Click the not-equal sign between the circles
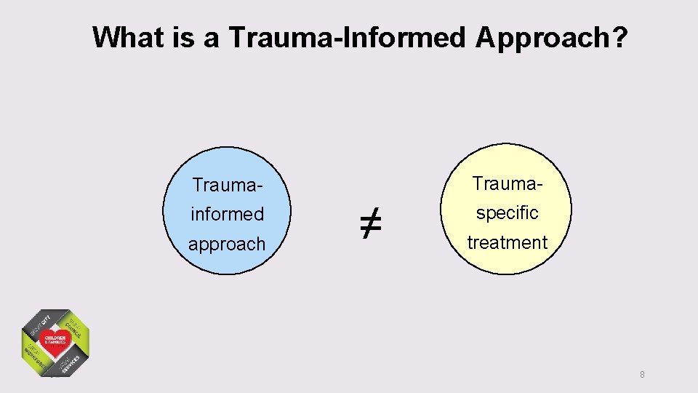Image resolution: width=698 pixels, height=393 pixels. [x=369, y=223]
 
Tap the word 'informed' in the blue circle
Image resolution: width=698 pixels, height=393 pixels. [x=227, y=215]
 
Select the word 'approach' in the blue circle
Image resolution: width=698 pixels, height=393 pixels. [x=227, y=245]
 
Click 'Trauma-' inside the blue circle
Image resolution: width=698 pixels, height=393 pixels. [x=227, y=185]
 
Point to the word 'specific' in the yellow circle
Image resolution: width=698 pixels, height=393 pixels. [x=507, y=213]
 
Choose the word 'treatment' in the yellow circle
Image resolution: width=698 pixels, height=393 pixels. [x=507, y=243]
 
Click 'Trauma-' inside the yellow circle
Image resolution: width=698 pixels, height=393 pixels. [x=507, y=183]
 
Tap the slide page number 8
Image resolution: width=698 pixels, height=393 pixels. [x=642, y=375]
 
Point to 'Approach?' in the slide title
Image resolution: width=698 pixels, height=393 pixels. [x=551, y=37]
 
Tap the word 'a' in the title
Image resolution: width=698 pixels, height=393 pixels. [x=212, y=37]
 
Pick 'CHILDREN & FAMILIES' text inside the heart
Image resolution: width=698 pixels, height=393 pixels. [x=55, y=341]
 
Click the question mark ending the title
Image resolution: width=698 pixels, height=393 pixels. [x=619, y=37]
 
